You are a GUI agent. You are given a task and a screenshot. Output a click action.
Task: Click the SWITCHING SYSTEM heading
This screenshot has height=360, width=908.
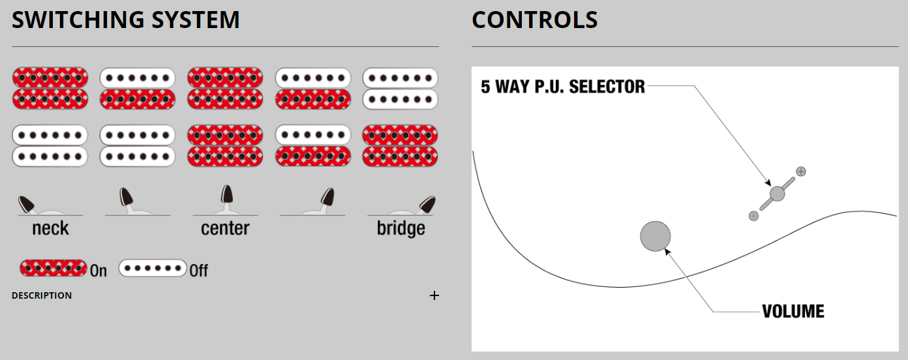coord(126,20)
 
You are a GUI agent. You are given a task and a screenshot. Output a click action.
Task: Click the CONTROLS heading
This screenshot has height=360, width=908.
coord(534,20)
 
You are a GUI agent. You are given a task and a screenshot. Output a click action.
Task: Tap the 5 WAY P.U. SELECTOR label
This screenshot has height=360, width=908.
coord(562,87)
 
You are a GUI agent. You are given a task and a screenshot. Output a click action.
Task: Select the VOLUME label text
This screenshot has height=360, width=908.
coord(793,312)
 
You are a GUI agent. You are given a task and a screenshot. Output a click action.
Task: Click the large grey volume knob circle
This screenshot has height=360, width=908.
coord(656,236)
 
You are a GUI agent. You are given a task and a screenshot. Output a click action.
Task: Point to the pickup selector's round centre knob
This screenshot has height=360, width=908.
coord(777,194)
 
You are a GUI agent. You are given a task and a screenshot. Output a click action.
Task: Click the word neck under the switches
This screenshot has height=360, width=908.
coord(50,229)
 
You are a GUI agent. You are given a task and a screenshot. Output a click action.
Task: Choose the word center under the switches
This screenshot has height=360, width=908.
coord(225,229)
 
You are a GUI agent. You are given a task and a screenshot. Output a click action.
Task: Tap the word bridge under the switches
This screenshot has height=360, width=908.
coord(401,229)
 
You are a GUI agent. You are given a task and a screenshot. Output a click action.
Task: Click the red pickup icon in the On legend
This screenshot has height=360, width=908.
coord(53,268)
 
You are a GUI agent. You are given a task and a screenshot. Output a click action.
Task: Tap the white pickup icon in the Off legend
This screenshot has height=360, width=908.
coord(153,268)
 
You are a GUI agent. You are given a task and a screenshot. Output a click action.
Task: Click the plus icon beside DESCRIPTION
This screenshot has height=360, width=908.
coord(434,295)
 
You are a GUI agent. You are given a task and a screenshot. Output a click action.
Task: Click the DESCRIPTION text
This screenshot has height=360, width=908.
coord(42,295)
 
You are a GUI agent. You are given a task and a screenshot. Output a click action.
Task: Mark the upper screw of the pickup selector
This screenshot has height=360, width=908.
coord(801,172)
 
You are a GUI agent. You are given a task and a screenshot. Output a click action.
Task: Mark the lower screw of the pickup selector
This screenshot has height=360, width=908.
coord(753,216)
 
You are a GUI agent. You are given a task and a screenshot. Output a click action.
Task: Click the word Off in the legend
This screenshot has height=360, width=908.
coord(199,270)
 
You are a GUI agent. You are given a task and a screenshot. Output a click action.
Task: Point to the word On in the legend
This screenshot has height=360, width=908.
coord(98,270)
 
